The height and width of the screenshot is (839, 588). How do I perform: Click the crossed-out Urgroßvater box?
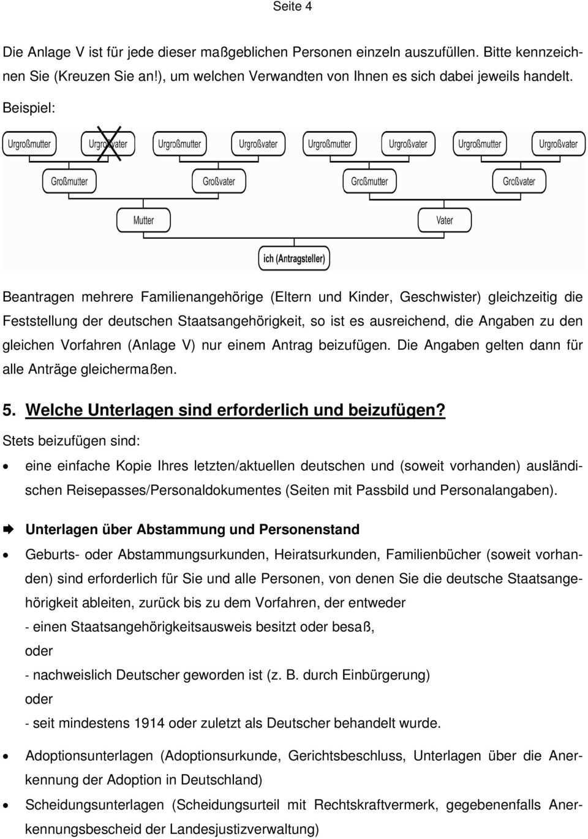pyautogui.click(x=108, y=144)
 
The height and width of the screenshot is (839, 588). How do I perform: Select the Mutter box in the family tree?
pyautogui.click(x=143, y=220)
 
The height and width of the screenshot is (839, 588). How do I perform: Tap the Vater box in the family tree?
pyautogui.click(x=445, y=220)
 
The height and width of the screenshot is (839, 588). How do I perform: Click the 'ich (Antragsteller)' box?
pyautogui.click(x=294, y=258)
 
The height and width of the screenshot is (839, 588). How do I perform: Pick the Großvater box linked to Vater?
pyautogui.click(x=519, y=181)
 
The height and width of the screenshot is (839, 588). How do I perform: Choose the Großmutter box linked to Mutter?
pyautogui.click(x=69, y=181)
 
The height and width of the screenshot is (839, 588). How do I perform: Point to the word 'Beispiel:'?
pyautogui.click(x=29, y=107)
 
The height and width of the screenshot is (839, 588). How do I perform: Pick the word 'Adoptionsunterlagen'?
pyautogui.click(x=89, y=756)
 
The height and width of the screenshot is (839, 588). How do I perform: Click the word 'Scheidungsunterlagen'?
pyautogui.click(x=94, y=805)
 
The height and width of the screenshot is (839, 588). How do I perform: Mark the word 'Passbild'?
pyautogui.click(x=380, y=490)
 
